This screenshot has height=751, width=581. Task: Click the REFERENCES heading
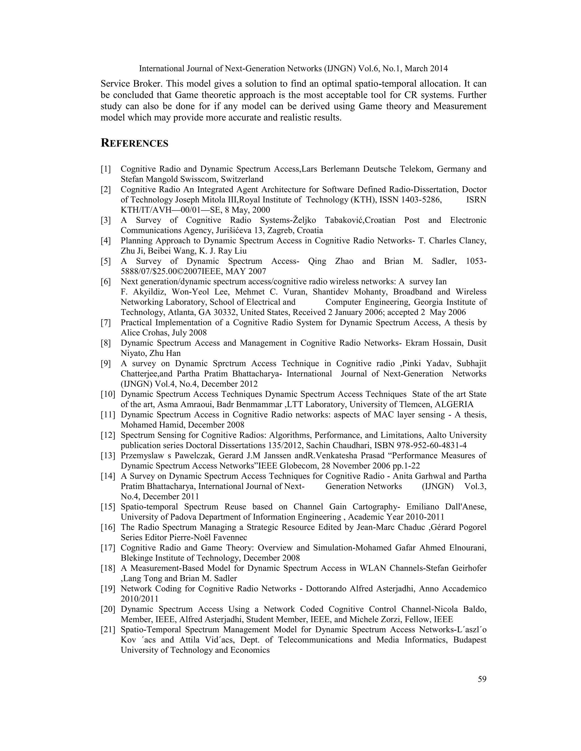click(x=134, y=143)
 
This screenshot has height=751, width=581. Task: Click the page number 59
click(x=482, y=679)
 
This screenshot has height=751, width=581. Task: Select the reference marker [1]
click(x=106, y=169)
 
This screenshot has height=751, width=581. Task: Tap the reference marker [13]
click(x=108, y=456)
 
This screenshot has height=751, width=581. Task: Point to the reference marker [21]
click(x=108, y=630)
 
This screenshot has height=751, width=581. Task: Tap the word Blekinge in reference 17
click(x=136, y=558)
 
